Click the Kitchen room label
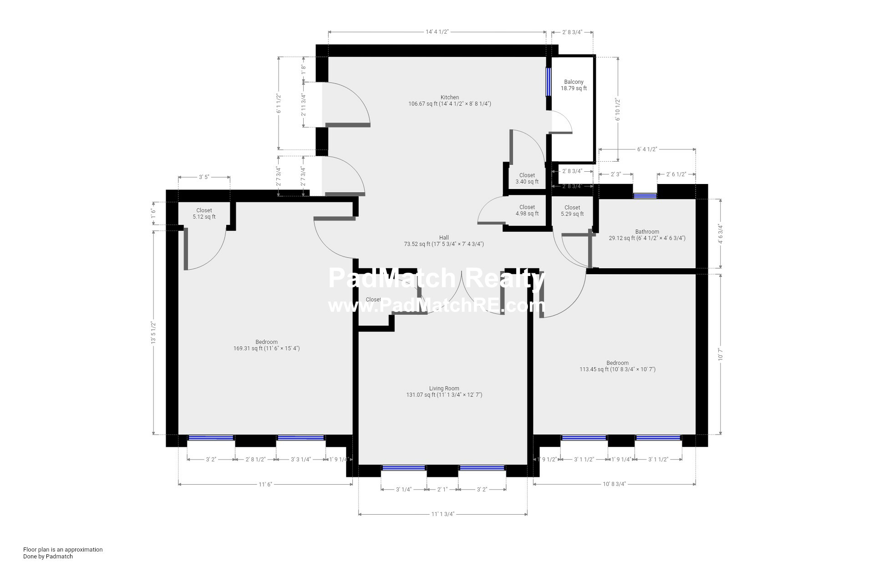pos(449,97)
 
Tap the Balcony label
pos(574,82)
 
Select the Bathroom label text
pos(647,232)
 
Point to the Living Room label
pos(444,389)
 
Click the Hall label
pos(444,238)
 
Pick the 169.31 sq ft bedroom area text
pos(266,348)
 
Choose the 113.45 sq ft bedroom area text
pos(617,369)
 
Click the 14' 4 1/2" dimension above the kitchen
pos(437,32)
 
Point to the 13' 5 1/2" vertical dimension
pos(154,332)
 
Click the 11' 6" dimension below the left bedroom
pos(265,484)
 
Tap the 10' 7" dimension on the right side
pos(720,354)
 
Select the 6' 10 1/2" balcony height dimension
pos(618,109)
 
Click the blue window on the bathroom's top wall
pos(645,196)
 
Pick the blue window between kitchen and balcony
pos(549,82)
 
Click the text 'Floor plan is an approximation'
pos(63,549)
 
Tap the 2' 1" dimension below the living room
pos(442,490)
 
